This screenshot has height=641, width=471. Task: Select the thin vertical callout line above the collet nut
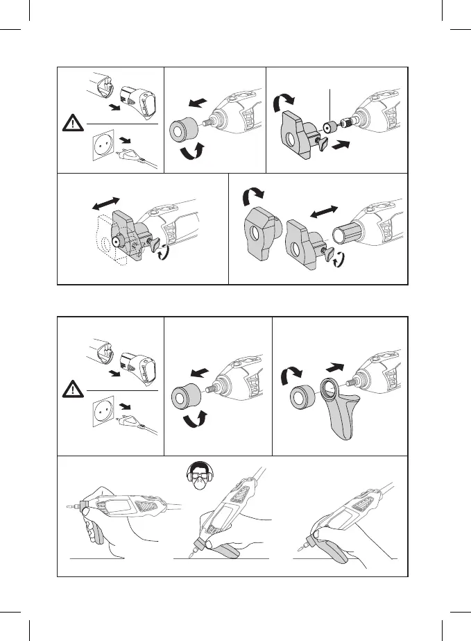332,105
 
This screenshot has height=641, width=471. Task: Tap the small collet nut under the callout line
329,128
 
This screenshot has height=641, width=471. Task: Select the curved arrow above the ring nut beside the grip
289,376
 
